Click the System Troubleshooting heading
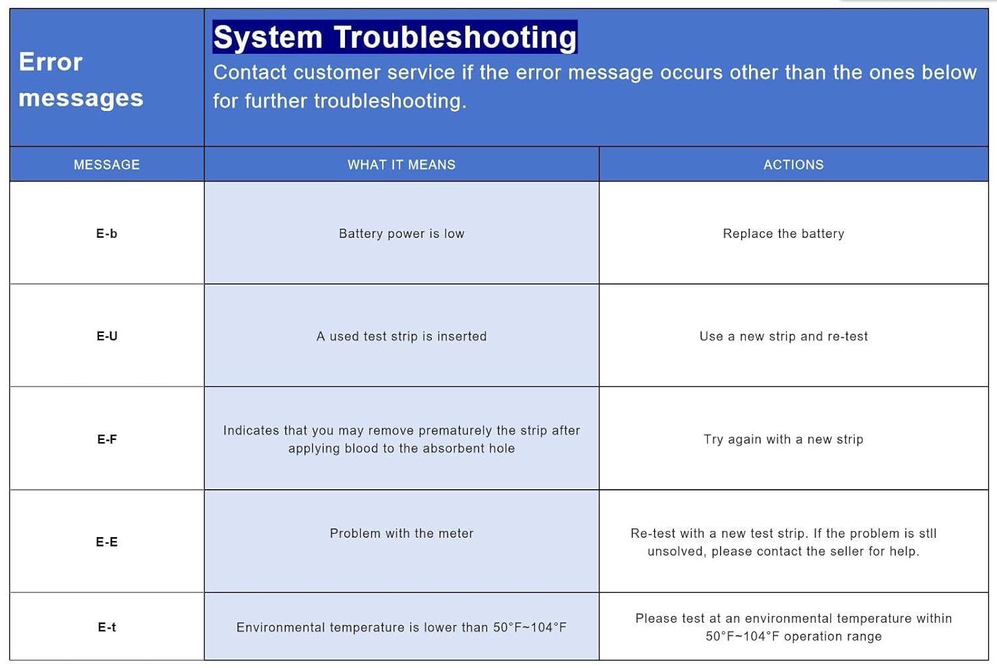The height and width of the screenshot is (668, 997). (x=395, y=37)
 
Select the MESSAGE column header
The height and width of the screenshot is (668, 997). (x=106, y=165)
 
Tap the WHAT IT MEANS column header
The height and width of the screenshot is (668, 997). (x=401, y=165)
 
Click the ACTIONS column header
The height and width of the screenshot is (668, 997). (x=793, y=165)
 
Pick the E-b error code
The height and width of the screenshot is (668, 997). (x=106, y=233)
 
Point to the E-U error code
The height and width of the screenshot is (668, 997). (x=106, y=336)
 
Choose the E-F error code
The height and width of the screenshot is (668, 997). (x=106, y=439)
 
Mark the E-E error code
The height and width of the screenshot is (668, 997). (x=106, y=542)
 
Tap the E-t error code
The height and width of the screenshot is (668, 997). (x=106, y=627)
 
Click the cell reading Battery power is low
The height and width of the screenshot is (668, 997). (x=401, y=233)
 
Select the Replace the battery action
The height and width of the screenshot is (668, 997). (x=784, y=233)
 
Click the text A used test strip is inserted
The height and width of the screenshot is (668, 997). (x=401, y=336)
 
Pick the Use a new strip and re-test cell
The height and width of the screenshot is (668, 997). (x=784, y=336)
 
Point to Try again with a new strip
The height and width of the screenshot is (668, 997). (x=784, y=439)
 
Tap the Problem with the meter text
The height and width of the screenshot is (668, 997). (x=401, y=533)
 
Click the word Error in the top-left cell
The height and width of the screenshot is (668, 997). (x=51, y=62)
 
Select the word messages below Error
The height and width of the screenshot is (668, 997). (x=81, y=98)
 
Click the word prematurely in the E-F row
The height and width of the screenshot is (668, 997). (x=455, y=431)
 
